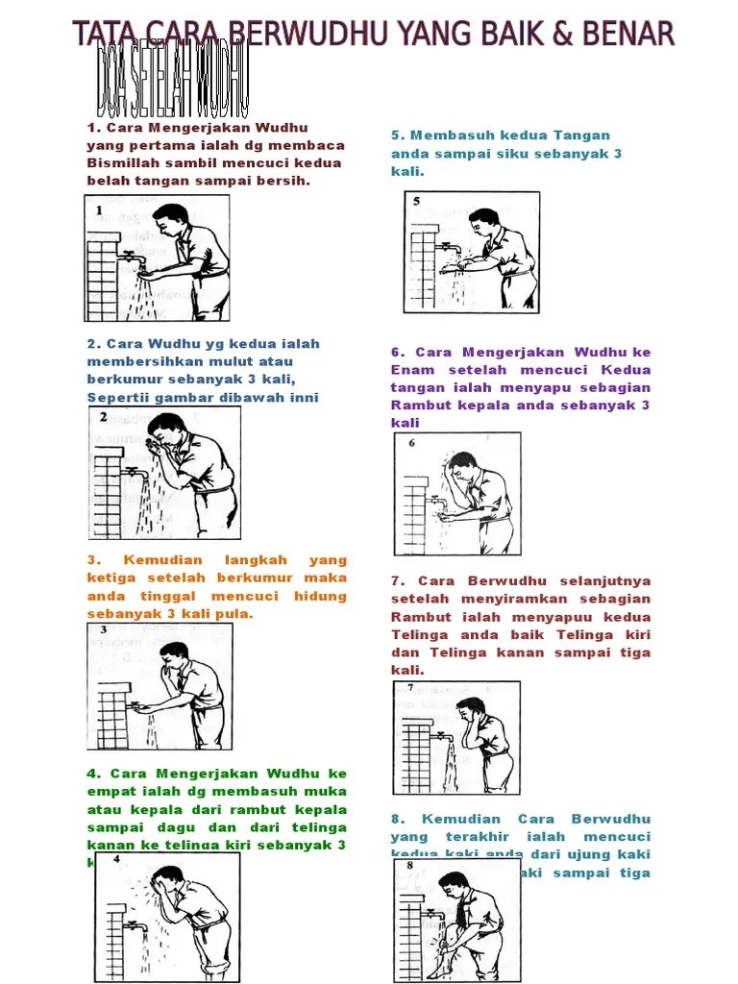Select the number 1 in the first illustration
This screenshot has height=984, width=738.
click(98, 209)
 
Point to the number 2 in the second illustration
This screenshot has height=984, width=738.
click(102, 415)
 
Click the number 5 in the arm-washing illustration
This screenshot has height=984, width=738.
click(416, 202)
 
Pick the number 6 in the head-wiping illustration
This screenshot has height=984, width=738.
click(411, 443)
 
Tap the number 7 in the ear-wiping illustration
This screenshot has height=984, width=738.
click(410, 688)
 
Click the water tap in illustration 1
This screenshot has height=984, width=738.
click(127, 256)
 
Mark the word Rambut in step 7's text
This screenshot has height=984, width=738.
click(415, 617)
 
